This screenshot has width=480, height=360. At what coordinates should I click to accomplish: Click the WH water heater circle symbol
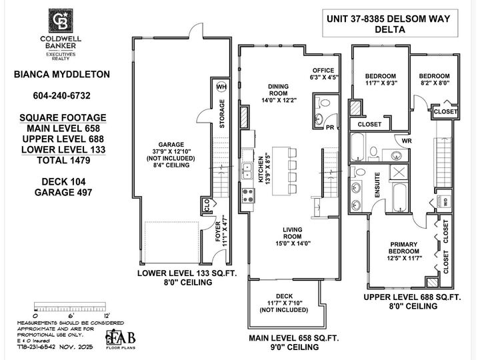[x=221, y=87]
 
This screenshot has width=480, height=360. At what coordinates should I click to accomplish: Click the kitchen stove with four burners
[x=247, y=195]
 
